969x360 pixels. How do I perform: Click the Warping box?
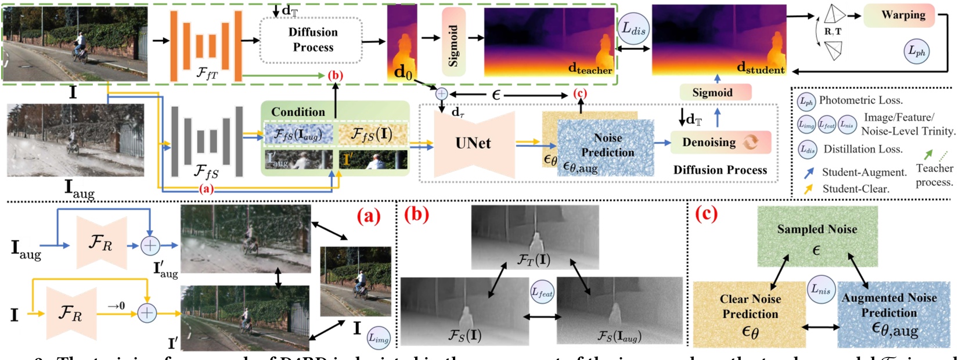(899, 16)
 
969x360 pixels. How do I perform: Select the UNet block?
(473, 143)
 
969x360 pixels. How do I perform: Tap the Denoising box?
(720, 142)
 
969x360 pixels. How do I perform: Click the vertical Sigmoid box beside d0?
(453, 42)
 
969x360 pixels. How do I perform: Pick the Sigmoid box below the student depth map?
(715, 92)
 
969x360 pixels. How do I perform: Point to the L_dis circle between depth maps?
(633, 28)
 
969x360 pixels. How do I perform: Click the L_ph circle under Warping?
(917, 52)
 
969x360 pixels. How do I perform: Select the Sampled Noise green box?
(817, 237)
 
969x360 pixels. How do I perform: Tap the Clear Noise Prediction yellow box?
(750, 314)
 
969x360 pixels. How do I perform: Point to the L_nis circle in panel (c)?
(820, 289)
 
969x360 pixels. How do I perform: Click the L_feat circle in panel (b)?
(542, 293)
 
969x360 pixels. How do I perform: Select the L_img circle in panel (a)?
(379, 337)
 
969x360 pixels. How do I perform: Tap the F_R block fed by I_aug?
(101, 244)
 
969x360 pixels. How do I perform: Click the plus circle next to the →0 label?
(147, 313)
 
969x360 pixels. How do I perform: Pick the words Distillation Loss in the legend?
(863, 149)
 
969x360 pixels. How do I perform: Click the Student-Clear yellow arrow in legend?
(808, 189)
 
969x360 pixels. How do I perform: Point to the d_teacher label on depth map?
(590, 70)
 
